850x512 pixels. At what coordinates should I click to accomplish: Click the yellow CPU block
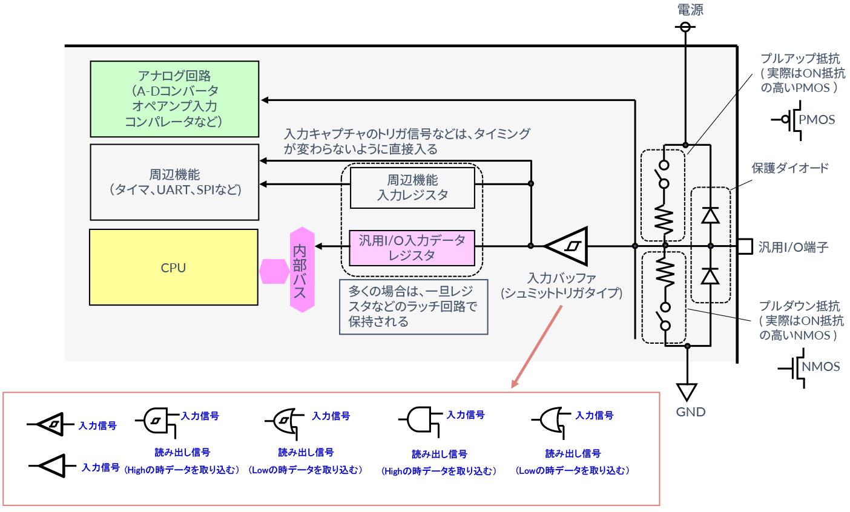[x=174, y=267]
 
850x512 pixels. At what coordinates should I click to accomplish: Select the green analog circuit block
[x=174, y=99]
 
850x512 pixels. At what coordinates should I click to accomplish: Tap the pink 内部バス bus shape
[x=301, y=270]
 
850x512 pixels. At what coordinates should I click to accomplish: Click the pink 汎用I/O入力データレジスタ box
[x=412, y=248]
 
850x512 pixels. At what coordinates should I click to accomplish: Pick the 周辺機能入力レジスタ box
[x=412, y=188]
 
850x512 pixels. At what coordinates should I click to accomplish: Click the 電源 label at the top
[x=690, y=10]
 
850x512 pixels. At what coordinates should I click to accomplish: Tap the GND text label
[x=690, y=412]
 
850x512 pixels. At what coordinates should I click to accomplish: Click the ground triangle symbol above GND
[x=687, y=392]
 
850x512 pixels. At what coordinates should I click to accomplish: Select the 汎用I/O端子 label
[x=793, y=247]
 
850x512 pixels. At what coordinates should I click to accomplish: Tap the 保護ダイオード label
[x=789, y=168]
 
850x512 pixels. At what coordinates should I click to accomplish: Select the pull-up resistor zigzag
[x=664, y=220]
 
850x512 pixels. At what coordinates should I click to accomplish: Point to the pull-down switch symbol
[x=665, y=316]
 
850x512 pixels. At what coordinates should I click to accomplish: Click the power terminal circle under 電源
[x=685, y=27]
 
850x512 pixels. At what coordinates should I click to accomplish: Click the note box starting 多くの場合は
[x=413, y=307]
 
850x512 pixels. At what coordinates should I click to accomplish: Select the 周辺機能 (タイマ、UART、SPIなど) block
[x=174, y=182]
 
